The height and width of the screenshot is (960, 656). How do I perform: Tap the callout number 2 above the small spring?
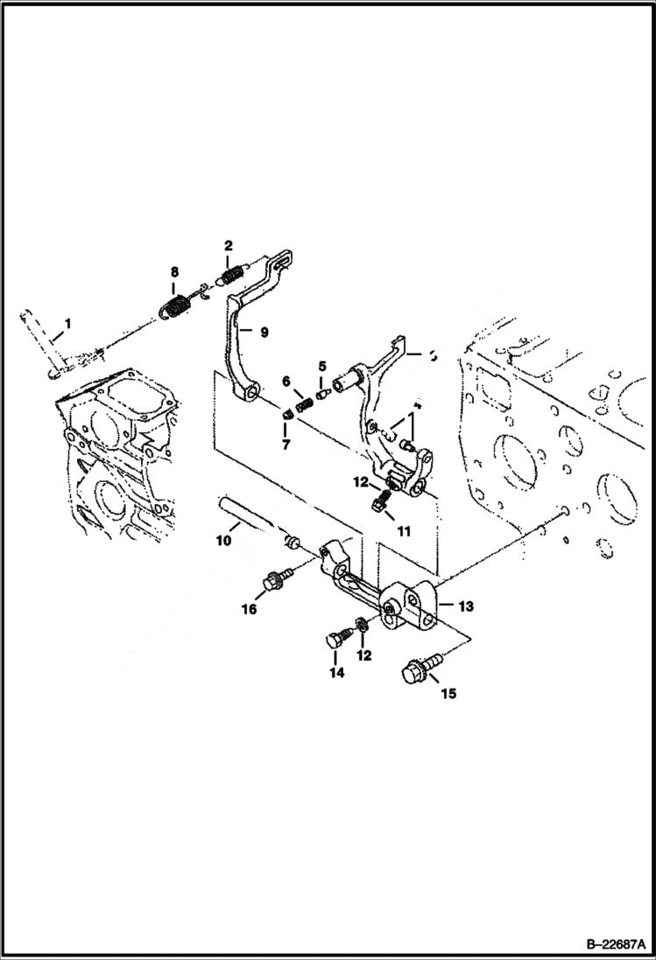click(x=228, y=245)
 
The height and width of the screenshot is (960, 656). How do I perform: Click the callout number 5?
click(x=321, y=366)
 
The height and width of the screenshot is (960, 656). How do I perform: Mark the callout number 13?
click(x=464, y=605)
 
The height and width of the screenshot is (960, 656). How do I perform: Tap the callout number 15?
click(x=448, y=693)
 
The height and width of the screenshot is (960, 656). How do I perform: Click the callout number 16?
click(x=250, y=609)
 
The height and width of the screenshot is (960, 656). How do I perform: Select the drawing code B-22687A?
click(x=608, y=944)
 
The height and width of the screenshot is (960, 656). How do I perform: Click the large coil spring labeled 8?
click(x=176, y=307)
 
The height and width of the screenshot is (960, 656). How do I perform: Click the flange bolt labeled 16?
click(x=273, y=579)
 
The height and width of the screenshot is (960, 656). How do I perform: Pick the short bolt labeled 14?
click(x=335, y=641)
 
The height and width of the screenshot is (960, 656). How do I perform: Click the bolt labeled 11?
click(x=380, y=502)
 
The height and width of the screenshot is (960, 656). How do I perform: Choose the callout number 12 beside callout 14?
click(x=364, y=655)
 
